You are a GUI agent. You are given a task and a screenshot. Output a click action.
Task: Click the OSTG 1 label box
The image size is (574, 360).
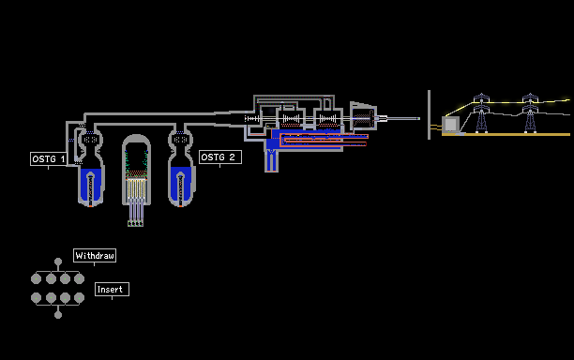point(49,158)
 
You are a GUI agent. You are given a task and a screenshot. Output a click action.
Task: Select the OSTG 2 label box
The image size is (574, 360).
point(220,157)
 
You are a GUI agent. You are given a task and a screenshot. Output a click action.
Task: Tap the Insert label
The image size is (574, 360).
point(112,289)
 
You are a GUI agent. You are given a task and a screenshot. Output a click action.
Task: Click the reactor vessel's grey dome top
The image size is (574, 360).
point(136,140)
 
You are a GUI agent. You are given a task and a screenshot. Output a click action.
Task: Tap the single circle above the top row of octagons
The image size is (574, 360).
point(58,262)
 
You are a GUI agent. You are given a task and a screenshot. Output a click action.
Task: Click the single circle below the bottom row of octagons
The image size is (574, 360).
point(58,315)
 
